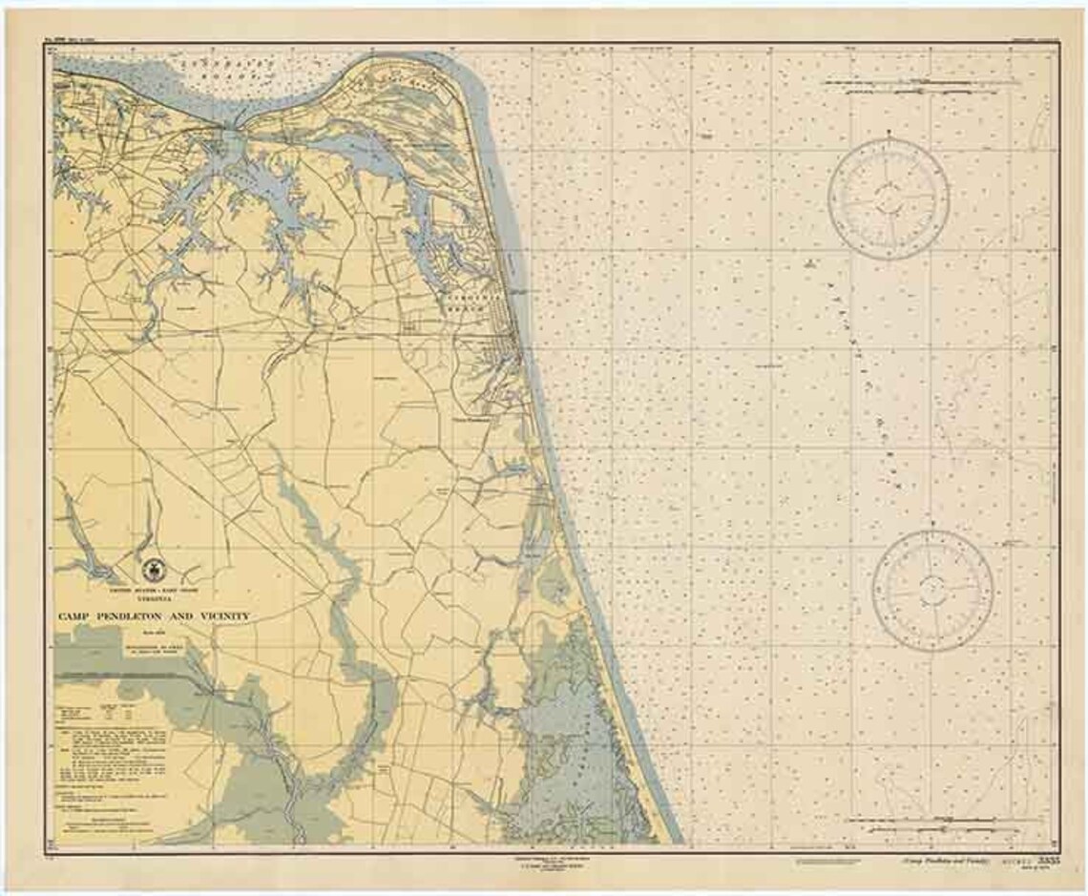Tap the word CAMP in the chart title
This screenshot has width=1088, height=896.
pyautogui.click(x=77, y=617)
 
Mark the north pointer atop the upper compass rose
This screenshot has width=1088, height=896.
pyautogui.click(x=888, y=143)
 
